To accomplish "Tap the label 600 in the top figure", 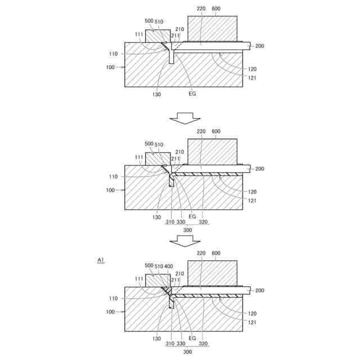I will click(x=217, y=9).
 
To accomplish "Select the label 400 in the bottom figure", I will click(x=169, y=266).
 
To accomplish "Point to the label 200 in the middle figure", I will click(x=259, y=169).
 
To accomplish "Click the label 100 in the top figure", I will click(x=110, y=67).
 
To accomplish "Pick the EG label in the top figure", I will click(x=192, y=94).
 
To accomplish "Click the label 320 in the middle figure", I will click(x=202, y=222).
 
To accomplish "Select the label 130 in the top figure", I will click(x=156, y=94).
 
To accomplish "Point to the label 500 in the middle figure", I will click(x=149, y=144).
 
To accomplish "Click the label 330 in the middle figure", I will click(x=181, y=222).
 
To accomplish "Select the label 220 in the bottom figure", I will click(x=201, y=254).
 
